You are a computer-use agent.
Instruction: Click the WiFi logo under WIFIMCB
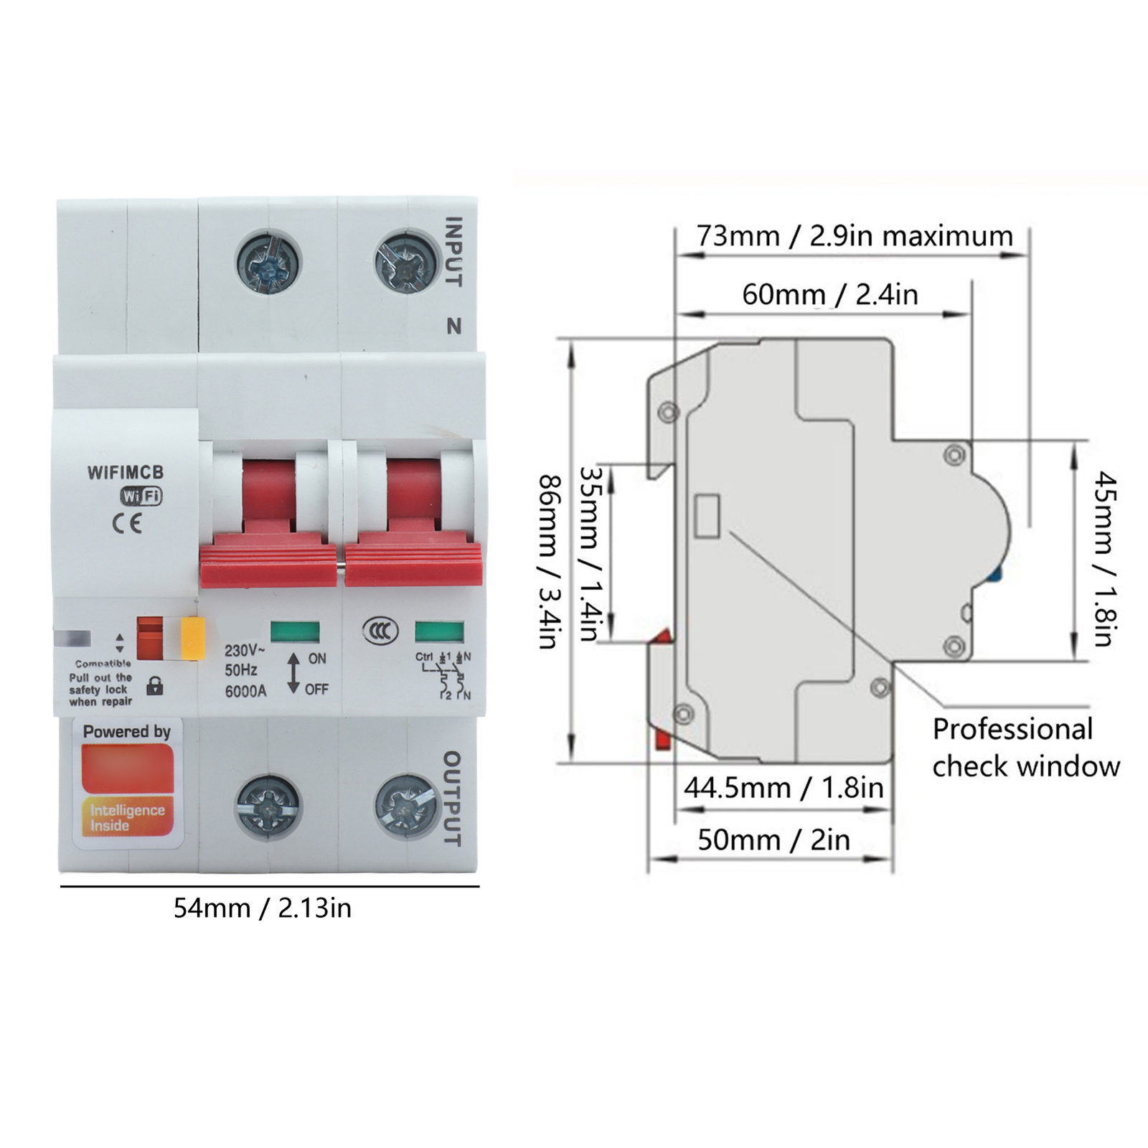(141, 496)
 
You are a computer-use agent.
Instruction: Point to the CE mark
(127, 523)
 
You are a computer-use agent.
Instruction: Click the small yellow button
(193, 638)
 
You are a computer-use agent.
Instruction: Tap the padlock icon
(154, 685)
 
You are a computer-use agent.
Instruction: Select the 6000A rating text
(245, 691)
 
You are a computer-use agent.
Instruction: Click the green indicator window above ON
(295, 632)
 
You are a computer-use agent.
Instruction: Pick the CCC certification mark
(380, 631)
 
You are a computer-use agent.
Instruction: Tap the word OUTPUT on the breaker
(451, 799)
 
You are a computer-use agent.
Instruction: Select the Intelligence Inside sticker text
(127, 818)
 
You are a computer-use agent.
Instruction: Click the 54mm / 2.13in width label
(263, 908)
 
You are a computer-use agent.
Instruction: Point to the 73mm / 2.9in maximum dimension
(854, 236)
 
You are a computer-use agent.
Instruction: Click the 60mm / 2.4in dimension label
(829, 295)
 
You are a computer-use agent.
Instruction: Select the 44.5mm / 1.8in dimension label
(783, 788)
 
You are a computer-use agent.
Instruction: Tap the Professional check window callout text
(1025, 748)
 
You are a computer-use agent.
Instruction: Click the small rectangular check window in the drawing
(707, 516)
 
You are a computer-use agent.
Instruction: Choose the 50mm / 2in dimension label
(773, 839)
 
